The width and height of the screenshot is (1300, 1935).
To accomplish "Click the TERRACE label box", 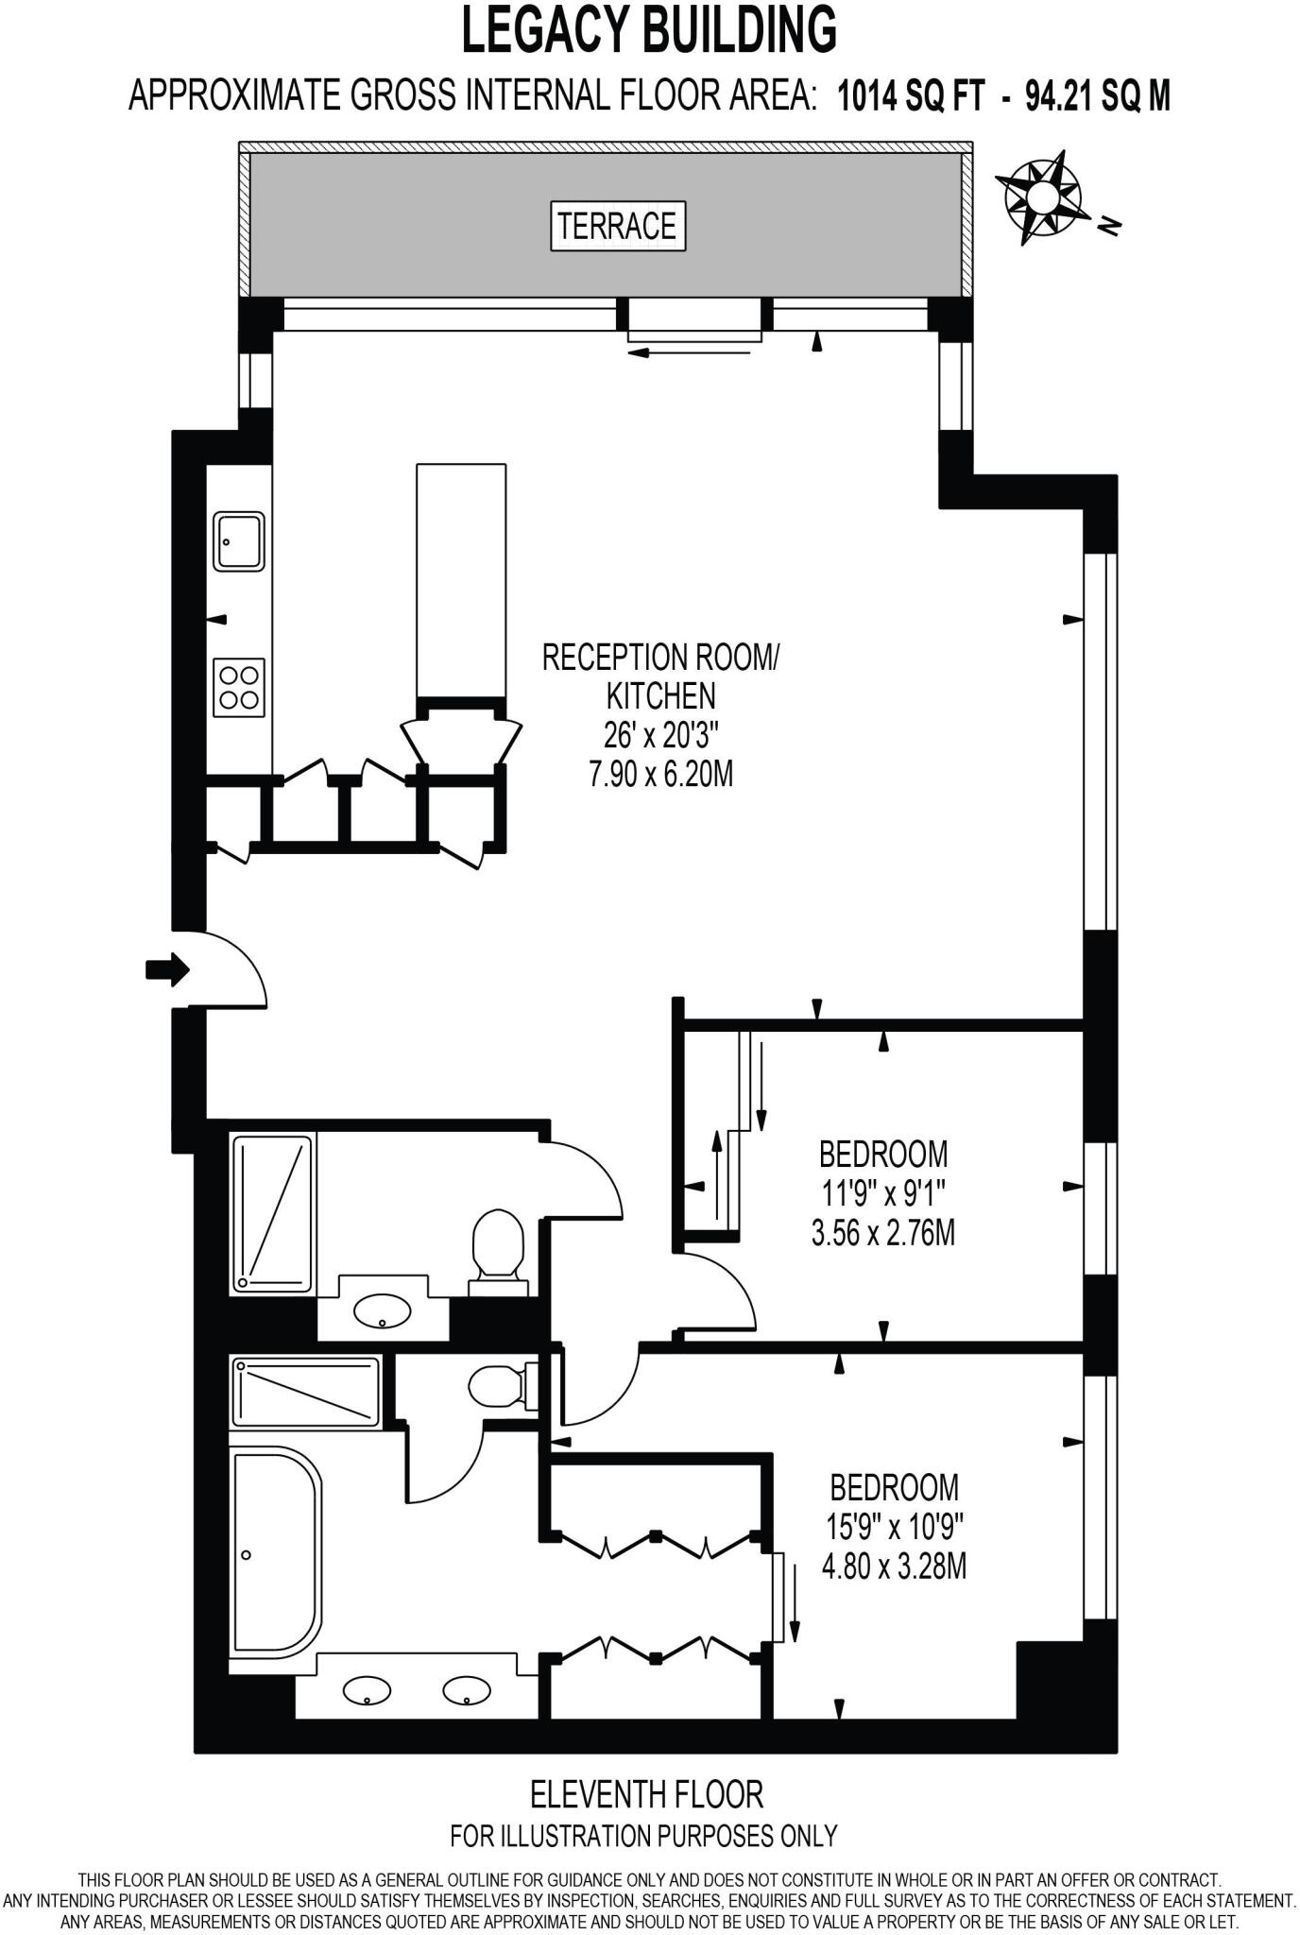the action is (618, 226).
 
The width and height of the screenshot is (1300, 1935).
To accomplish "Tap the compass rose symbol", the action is (1043, 197).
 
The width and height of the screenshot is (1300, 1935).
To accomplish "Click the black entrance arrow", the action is (168, 969).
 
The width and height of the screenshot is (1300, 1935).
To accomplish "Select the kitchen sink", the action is (239, 540).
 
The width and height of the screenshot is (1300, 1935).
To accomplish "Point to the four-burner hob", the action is (239, 687).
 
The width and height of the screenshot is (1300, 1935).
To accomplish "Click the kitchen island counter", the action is (461, 582).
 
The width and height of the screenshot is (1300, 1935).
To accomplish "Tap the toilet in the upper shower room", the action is (497, 1254).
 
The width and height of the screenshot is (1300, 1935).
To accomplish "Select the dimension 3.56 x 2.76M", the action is (883, 1233).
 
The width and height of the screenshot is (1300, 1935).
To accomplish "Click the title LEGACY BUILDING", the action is (650, 30).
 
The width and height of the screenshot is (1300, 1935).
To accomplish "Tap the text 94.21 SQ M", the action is (1098, 95).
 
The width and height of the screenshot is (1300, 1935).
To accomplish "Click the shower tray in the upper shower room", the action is (274, 1214).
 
